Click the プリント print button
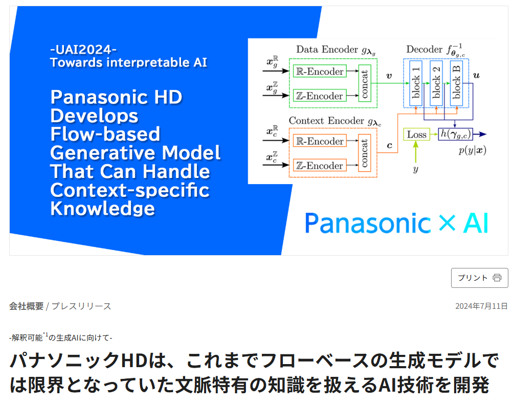479,278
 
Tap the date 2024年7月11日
481,306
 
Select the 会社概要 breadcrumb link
26,306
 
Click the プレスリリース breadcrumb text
81,306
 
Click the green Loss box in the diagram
416,134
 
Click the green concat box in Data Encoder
365,83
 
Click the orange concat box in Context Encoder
365,153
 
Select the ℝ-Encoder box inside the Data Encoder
320,72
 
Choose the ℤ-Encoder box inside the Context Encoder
320,165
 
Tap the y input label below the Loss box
415,169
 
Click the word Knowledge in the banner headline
102,208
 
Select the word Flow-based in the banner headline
105,134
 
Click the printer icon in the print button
497,278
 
